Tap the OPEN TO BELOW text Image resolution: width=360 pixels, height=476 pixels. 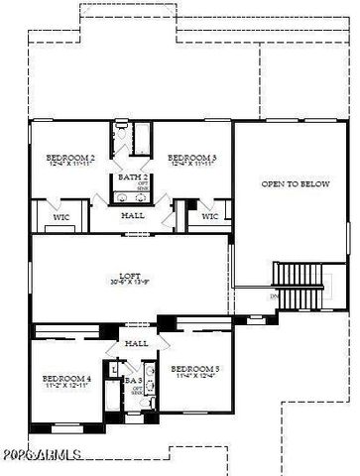click(x=294, y=184)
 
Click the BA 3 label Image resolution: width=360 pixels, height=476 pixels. click(x=130, y=379)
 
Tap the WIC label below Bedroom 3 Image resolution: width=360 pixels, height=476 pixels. click(x=209, y=215)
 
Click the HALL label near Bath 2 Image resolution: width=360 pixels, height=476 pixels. click(x=132, y=215)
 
